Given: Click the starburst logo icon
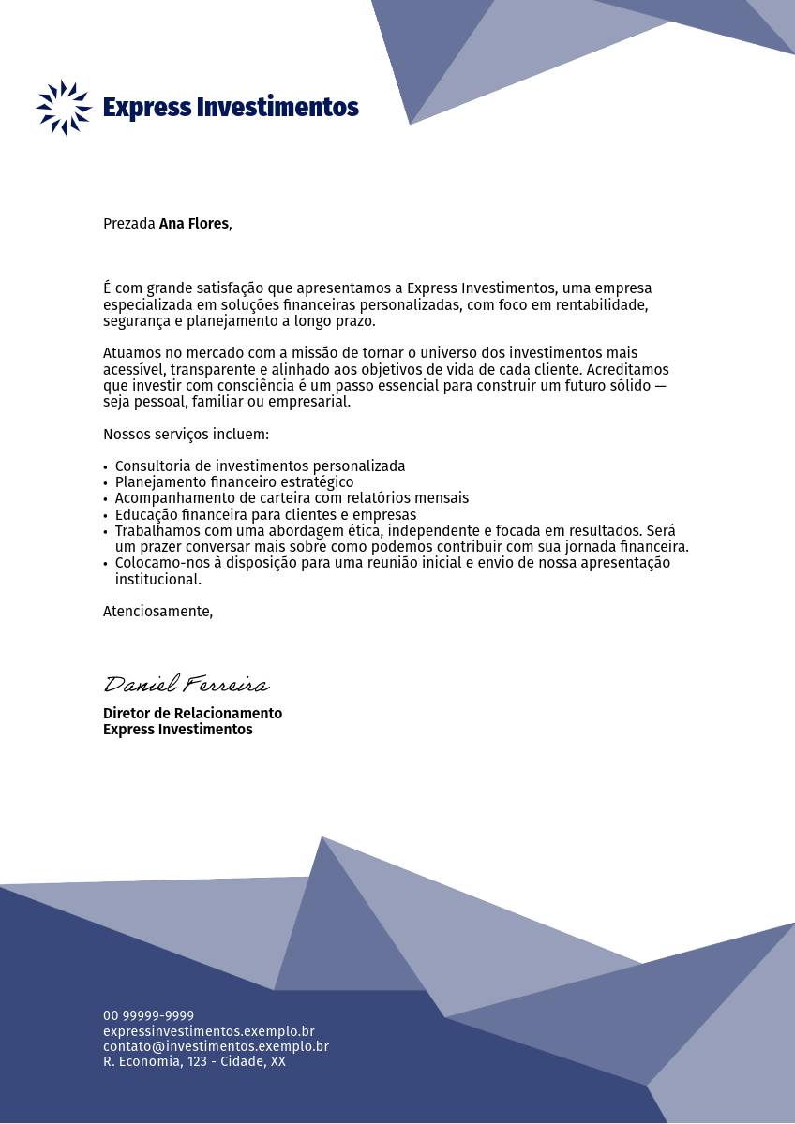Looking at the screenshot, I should coord(64,107).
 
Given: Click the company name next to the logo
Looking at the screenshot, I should coord(231,107).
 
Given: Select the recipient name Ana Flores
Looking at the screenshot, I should coord(194,224).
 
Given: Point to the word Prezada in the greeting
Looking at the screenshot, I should coord(128,224).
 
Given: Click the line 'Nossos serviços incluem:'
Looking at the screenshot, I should coord(186,435).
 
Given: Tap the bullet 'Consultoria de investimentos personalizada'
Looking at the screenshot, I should coord(260,466).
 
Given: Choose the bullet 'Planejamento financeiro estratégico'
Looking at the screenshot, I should coord(234,481).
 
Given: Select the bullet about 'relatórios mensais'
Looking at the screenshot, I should coord(292,498).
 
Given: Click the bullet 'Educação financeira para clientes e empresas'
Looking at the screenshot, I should coord(265,514).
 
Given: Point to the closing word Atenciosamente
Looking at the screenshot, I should coord(157,612).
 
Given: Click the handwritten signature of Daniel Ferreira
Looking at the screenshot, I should coord(186,685).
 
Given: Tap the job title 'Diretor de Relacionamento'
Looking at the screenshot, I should coord(192,714).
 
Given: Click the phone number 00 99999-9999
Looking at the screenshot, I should coord(148,1015).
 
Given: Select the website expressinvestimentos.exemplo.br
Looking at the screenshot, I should coord(208,1031).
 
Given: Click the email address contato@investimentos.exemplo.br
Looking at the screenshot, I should coord(216,1046).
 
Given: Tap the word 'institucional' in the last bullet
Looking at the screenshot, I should coord(157,580).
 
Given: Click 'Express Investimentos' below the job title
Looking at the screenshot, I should coord(177,730).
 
